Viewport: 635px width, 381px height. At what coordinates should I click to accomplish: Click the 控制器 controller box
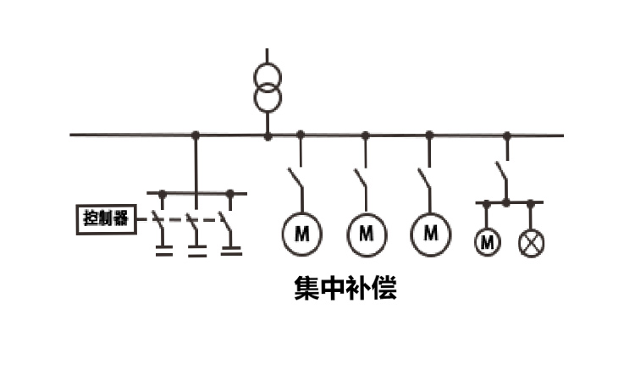click(x=105, y=219)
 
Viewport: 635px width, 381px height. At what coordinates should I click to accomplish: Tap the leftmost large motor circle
click(x=301, y=233)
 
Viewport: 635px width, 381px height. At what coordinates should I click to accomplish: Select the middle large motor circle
click(x=367, y=233)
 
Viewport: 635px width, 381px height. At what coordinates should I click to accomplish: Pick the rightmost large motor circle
click(x=431, y=233)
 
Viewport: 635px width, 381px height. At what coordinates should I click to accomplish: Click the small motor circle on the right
click(x=487, y=243)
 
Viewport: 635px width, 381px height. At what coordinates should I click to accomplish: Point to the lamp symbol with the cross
click(x=532, y=244)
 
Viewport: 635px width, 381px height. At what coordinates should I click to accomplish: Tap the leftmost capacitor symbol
click(x=163, y=249)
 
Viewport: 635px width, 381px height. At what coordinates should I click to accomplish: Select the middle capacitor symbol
click(x=196, y=249)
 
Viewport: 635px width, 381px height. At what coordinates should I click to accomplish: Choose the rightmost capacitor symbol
click(x=230, y=249)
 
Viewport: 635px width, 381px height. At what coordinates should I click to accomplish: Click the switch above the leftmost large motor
click(x=295, y=180)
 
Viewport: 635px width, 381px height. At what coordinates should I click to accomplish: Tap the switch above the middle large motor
click(x=361, y=180)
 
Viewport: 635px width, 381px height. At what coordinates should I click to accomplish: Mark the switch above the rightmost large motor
click(x=425, y=180)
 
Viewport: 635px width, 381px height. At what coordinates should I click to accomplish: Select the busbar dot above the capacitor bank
click(x=196, y=135)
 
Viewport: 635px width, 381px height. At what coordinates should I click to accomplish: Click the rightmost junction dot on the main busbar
click(x=507, y=135)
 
